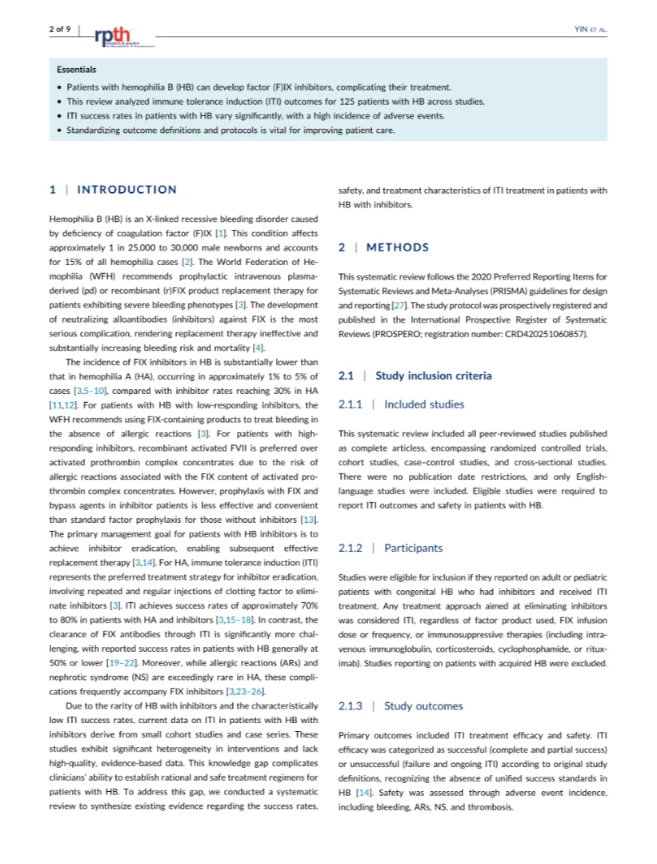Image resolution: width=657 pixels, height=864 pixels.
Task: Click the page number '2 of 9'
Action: (59, 29)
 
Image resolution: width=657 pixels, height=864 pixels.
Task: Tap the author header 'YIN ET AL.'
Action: (591, 30)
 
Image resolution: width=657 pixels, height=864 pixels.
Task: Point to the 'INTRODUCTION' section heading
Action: (126, 190)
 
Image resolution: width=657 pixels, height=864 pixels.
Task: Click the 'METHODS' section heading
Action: (398, 247)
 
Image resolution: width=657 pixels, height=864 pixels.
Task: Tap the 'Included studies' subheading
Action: (423, 404)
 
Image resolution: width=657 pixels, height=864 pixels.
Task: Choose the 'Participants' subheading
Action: (413, 548)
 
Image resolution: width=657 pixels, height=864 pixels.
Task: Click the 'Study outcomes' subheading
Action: (423, 705)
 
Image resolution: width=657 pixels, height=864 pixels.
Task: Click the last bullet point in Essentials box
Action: (61, 130)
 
